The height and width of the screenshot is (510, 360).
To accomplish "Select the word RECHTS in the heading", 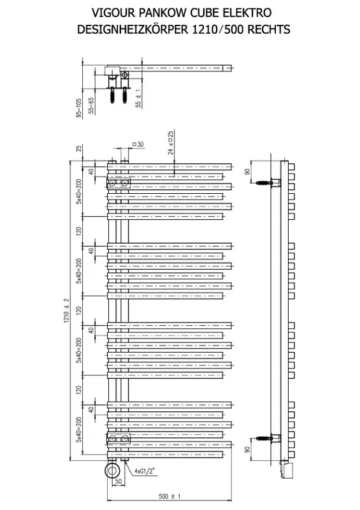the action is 269,29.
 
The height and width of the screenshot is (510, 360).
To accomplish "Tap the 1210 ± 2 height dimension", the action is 67,310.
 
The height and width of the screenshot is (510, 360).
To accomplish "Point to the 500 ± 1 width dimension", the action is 169,496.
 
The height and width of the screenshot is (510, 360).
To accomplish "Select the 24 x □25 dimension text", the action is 171,142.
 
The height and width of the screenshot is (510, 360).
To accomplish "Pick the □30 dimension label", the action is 138,144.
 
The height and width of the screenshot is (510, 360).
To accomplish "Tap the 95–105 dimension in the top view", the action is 79,108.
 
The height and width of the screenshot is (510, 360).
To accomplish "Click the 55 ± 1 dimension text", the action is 138,98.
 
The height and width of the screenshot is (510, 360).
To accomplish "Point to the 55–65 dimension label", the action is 91,105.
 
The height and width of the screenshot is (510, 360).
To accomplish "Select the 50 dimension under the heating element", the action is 119,481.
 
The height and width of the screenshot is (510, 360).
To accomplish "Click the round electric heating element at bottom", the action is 113,470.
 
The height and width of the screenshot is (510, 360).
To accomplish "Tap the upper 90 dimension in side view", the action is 247,171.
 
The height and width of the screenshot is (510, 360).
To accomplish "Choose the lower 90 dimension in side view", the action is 247,449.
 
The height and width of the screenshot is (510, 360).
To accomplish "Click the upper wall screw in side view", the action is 263,182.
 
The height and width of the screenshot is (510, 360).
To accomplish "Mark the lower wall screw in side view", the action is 263,438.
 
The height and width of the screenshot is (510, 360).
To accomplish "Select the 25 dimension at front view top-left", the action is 79,149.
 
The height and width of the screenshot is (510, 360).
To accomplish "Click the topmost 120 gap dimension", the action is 79,231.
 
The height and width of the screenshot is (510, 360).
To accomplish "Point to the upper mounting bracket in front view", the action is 119,184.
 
